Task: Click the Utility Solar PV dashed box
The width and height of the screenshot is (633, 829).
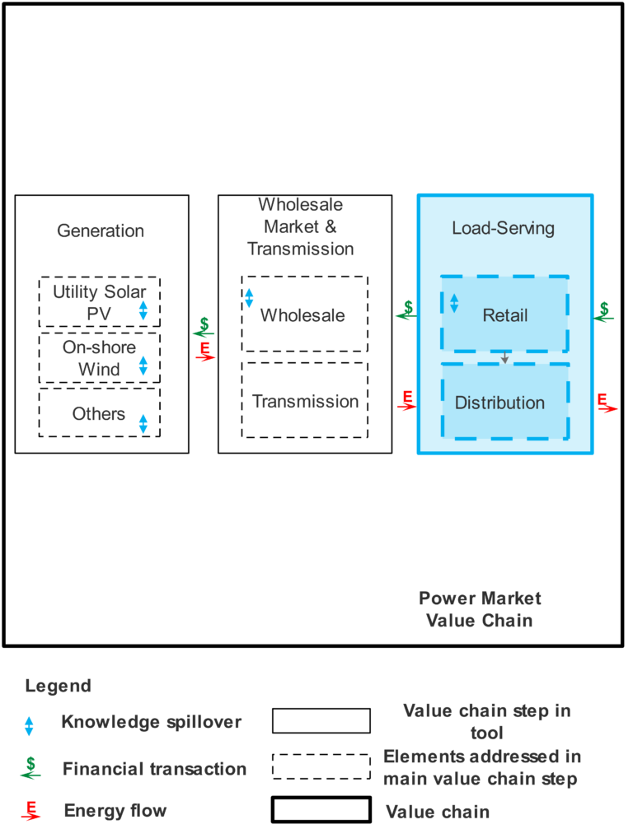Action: [x=99, y=302]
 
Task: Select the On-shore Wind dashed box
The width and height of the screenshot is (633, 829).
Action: [x=99, y=358]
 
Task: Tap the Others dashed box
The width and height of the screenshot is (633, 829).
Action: [x=99, y=413]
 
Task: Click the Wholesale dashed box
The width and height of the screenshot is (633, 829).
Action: [x=304, y=314]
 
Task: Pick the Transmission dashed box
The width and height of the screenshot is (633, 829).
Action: [x=304, y=401]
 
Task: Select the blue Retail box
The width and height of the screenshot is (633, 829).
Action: [x=504, y=314]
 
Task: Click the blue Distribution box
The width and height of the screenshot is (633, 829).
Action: [x=504, y=403]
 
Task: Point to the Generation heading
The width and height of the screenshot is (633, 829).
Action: [x=101, y=231]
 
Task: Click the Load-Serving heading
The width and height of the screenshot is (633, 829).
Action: [x=503, y=228]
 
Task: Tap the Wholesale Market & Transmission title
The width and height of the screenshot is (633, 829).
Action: [x=301, y=226]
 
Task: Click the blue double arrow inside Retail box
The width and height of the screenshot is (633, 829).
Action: [x=453, y=303]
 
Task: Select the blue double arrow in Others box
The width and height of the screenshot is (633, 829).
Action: [x=143, y=424]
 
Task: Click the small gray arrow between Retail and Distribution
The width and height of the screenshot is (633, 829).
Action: [x=504, y=357]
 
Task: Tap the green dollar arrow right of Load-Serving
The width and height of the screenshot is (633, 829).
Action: [x=604, y=311]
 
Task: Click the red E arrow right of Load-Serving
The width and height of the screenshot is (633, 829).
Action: [x=606, y=403]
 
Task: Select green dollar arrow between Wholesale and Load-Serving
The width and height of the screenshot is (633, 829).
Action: [x=406, y=310]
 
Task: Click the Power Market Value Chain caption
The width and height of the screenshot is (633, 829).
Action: [x=479, y=609]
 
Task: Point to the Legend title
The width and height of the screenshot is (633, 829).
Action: [x=58, y=686]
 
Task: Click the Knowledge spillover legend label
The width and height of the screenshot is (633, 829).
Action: [x=152, y=722]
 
